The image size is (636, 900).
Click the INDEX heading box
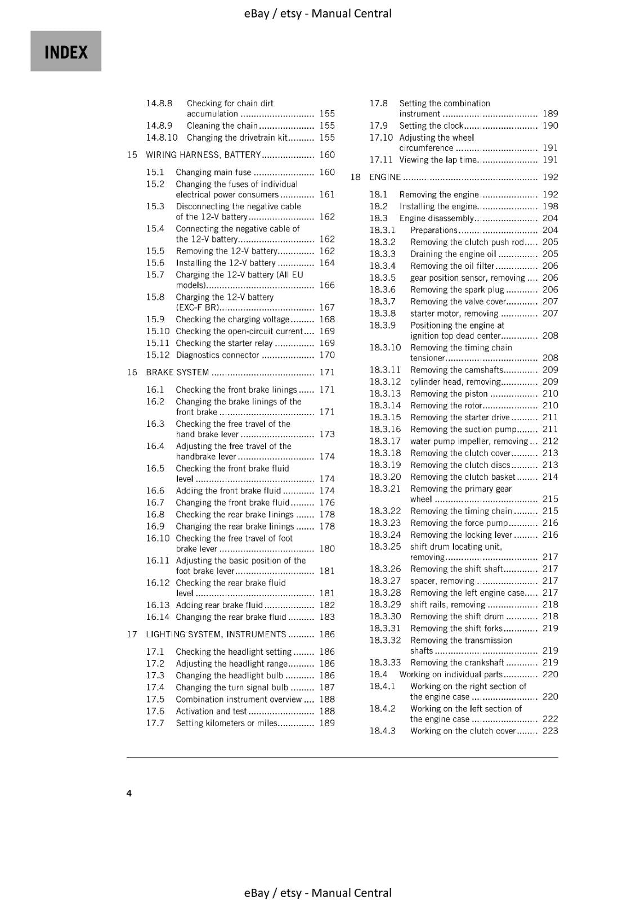66,51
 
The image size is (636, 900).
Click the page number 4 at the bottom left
129,793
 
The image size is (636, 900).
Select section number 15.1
155,172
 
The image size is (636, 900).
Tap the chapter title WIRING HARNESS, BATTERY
203,155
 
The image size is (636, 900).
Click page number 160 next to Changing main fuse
326,172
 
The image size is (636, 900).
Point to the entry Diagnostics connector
217,355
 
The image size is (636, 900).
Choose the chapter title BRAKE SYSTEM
177,372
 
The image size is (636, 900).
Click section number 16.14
158,617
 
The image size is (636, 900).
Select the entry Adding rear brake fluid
219,605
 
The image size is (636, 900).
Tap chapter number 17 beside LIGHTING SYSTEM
132,634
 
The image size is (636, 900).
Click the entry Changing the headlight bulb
229,676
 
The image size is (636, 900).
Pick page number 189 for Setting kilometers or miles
326,723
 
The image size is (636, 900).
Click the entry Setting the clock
431,126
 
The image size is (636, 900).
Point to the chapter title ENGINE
385,177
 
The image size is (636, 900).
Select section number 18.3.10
385,348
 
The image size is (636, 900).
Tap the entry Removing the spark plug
457,290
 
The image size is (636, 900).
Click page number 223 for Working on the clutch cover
550,731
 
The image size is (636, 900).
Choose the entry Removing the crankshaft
457,663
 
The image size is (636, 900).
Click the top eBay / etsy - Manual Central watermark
318,13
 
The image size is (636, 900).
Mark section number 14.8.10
162,138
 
